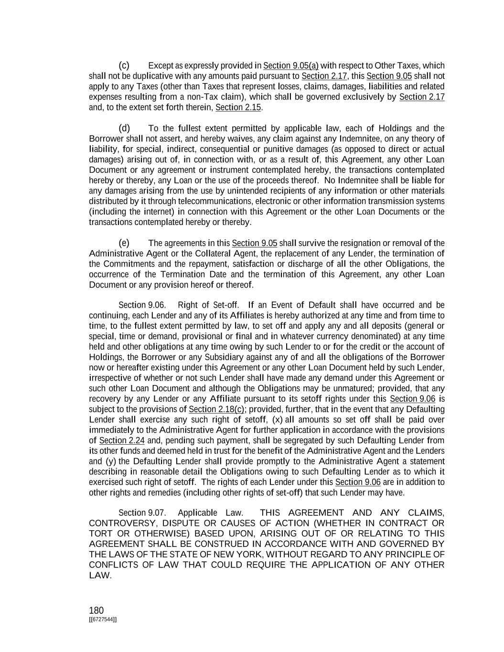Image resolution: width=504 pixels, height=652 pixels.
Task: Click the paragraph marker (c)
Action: click(x=124, y=65)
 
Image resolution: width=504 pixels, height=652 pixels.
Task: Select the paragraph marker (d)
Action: click(x=124, y=128)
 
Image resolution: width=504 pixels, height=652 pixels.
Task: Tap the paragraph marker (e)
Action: click(x=124, y=243)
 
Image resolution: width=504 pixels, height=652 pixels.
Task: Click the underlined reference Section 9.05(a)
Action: click(x=291, y=66)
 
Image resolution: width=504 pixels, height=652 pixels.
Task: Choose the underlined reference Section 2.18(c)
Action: click(x=217, y=409)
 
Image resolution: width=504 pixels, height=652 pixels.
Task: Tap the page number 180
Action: click(x=96, y=610)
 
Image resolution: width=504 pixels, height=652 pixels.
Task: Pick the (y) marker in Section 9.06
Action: click(x=110, y=461)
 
